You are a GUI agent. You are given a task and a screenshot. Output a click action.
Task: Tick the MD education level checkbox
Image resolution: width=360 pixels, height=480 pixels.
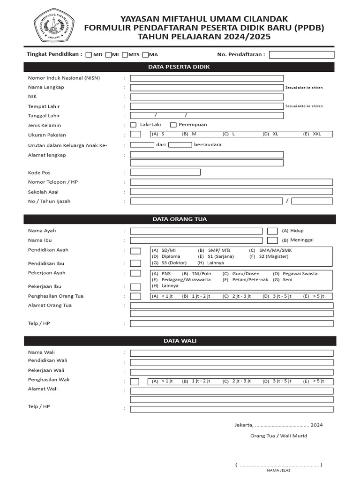click(x=89, y=55)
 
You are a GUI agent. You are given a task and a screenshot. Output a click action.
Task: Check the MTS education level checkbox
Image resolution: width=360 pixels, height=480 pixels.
click(x=125, y=55)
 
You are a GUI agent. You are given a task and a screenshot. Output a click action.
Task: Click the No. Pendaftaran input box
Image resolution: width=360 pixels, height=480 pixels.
click(x=301, y=55)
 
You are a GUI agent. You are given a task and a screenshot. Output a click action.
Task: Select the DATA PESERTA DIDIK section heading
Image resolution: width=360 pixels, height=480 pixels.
click(x=179, y=67)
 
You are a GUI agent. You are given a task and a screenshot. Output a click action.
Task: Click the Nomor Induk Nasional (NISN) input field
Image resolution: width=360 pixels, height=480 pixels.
click(x=207, y=78)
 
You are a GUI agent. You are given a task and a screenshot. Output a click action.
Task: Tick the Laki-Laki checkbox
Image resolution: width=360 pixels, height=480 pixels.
click(x=133, y=125)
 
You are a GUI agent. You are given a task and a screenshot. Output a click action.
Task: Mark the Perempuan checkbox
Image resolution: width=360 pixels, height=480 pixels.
click(x=173, y=125)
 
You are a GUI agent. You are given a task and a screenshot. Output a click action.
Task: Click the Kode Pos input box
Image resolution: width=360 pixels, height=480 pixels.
click(x=165, y=172)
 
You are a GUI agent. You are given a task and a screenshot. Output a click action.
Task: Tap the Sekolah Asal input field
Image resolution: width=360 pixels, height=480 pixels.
click(x=232, y=192)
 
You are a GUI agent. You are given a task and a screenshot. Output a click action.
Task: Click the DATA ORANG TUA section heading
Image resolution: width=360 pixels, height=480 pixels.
click(x=179, y=219)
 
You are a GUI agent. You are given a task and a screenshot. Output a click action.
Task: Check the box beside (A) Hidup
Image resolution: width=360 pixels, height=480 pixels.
click(x=272, y=231)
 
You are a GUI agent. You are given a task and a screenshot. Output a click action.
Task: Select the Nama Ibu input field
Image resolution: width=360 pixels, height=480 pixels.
click(x=196, y=240)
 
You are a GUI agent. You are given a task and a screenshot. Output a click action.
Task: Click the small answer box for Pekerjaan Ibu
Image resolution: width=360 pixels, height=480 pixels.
click(x=135, y=287)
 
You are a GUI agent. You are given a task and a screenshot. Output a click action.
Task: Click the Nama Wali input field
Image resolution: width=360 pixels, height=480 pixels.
click(x=232, y=353)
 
